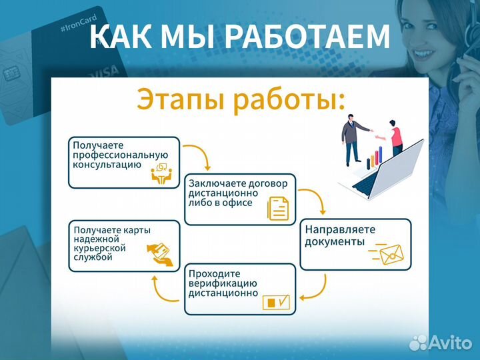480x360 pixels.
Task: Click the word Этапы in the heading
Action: (x=181, y=99)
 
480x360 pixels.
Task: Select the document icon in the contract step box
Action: (x=278, y=208)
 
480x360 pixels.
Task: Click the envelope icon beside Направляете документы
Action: (x=392, y=253)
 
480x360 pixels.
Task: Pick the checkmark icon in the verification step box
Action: (x=277, y=302)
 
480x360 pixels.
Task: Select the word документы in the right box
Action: (x=335, y=241)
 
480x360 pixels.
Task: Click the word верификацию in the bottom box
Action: (x=223, y=283)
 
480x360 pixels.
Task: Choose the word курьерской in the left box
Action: (x=100, y=248)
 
